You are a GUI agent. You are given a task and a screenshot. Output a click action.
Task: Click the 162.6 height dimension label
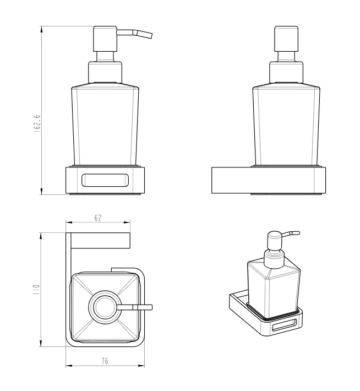tap(37, 124)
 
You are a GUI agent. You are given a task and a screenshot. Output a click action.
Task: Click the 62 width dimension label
tap(98, 218)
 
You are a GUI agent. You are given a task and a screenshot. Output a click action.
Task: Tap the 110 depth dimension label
tap(36, 290)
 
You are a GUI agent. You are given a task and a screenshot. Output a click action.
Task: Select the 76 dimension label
tap(105, 361)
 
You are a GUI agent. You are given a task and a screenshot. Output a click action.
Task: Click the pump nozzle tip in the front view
tap(150, 35)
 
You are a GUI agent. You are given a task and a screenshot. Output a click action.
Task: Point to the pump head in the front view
tap(105, 39)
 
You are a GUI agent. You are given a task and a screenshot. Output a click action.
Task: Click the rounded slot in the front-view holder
tap(105, 180)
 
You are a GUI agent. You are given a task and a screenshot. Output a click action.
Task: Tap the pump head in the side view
tap(286, 39)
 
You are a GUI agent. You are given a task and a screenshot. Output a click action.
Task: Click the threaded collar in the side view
tap(286, 72)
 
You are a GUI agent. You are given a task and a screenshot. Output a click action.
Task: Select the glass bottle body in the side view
tap(286, 126)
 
